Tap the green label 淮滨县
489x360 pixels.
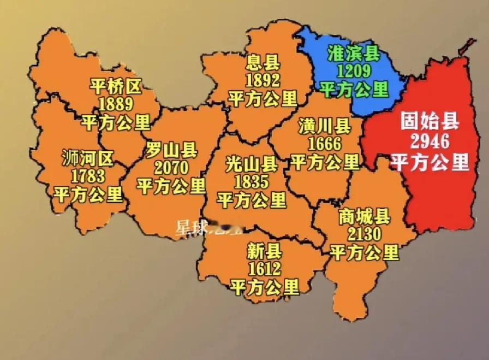(354, 53)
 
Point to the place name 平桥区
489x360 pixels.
(116, 86)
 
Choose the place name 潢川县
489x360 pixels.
(325, 127)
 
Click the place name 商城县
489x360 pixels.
(365, 217)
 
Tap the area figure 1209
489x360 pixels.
(354, 70)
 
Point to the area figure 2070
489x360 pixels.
(171, 167)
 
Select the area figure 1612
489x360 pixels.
(265, 269)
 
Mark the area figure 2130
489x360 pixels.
(365, 235)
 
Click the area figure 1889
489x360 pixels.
(116, 103)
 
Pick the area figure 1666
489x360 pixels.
(325, 144)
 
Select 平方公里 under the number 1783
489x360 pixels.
(88, 194)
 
